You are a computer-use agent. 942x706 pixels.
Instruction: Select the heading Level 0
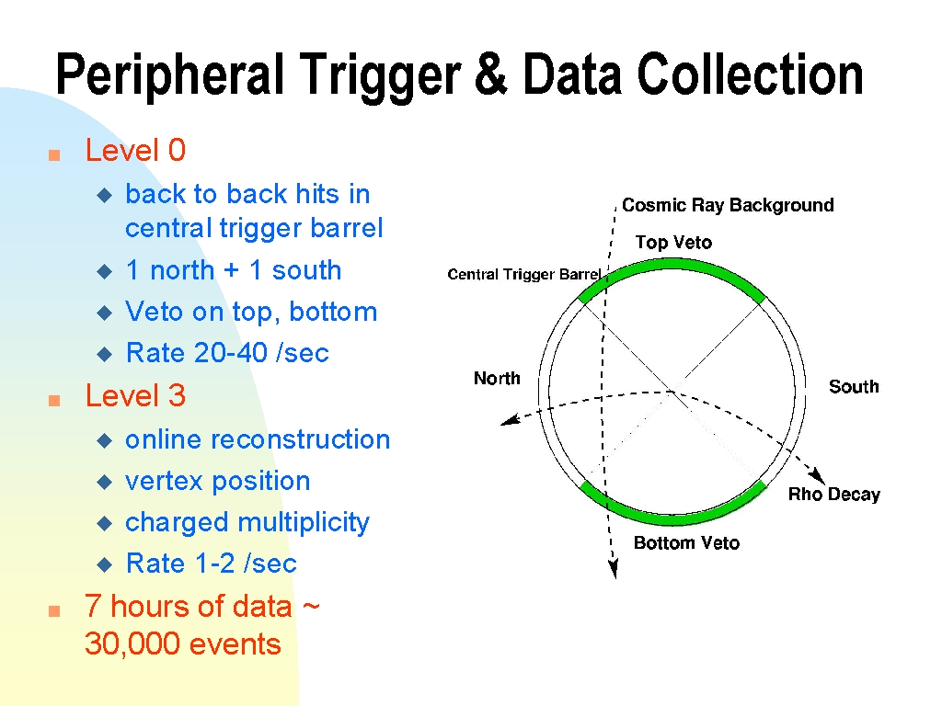tap(135, 150)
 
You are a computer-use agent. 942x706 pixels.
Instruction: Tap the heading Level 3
tap(135, 395)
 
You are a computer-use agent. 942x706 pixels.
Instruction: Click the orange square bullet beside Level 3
tap(54, 401)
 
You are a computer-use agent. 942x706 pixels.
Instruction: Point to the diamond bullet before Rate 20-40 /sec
tap(105, 354)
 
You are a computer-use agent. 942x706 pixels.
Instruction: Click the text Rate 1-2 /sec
tap(211, 564)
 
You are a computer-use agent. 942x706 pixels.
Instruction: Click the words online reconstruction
tap(258, 439)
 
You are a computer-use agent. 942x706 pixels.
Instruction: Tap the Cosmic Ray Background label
tap(728, 205)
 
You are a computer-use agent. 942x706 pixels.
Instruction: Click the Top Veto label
tap(673, 243)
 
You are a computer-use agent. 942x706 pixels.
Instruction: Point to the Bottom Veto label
tap(686, 542)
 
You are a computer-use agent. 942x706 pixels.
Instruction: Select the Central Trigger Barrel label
tap(523, 274)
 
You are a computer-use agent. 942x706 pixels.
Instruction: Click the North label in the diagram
tap(497, 378)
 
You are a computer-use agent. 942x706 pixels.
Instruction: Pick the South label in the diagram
tap(854, 387)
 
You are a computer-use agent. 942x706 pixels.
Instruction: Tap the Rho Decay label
tap(833, 494)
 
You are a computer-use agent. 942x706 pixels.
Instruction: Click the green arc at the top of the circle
tap(672, 264)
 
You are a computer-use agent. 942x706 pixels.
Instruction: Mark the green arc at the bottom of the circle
tap(672, 517)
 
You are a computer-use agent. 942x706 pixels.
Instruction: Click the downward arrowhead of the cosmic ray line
tap(614, 568)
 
